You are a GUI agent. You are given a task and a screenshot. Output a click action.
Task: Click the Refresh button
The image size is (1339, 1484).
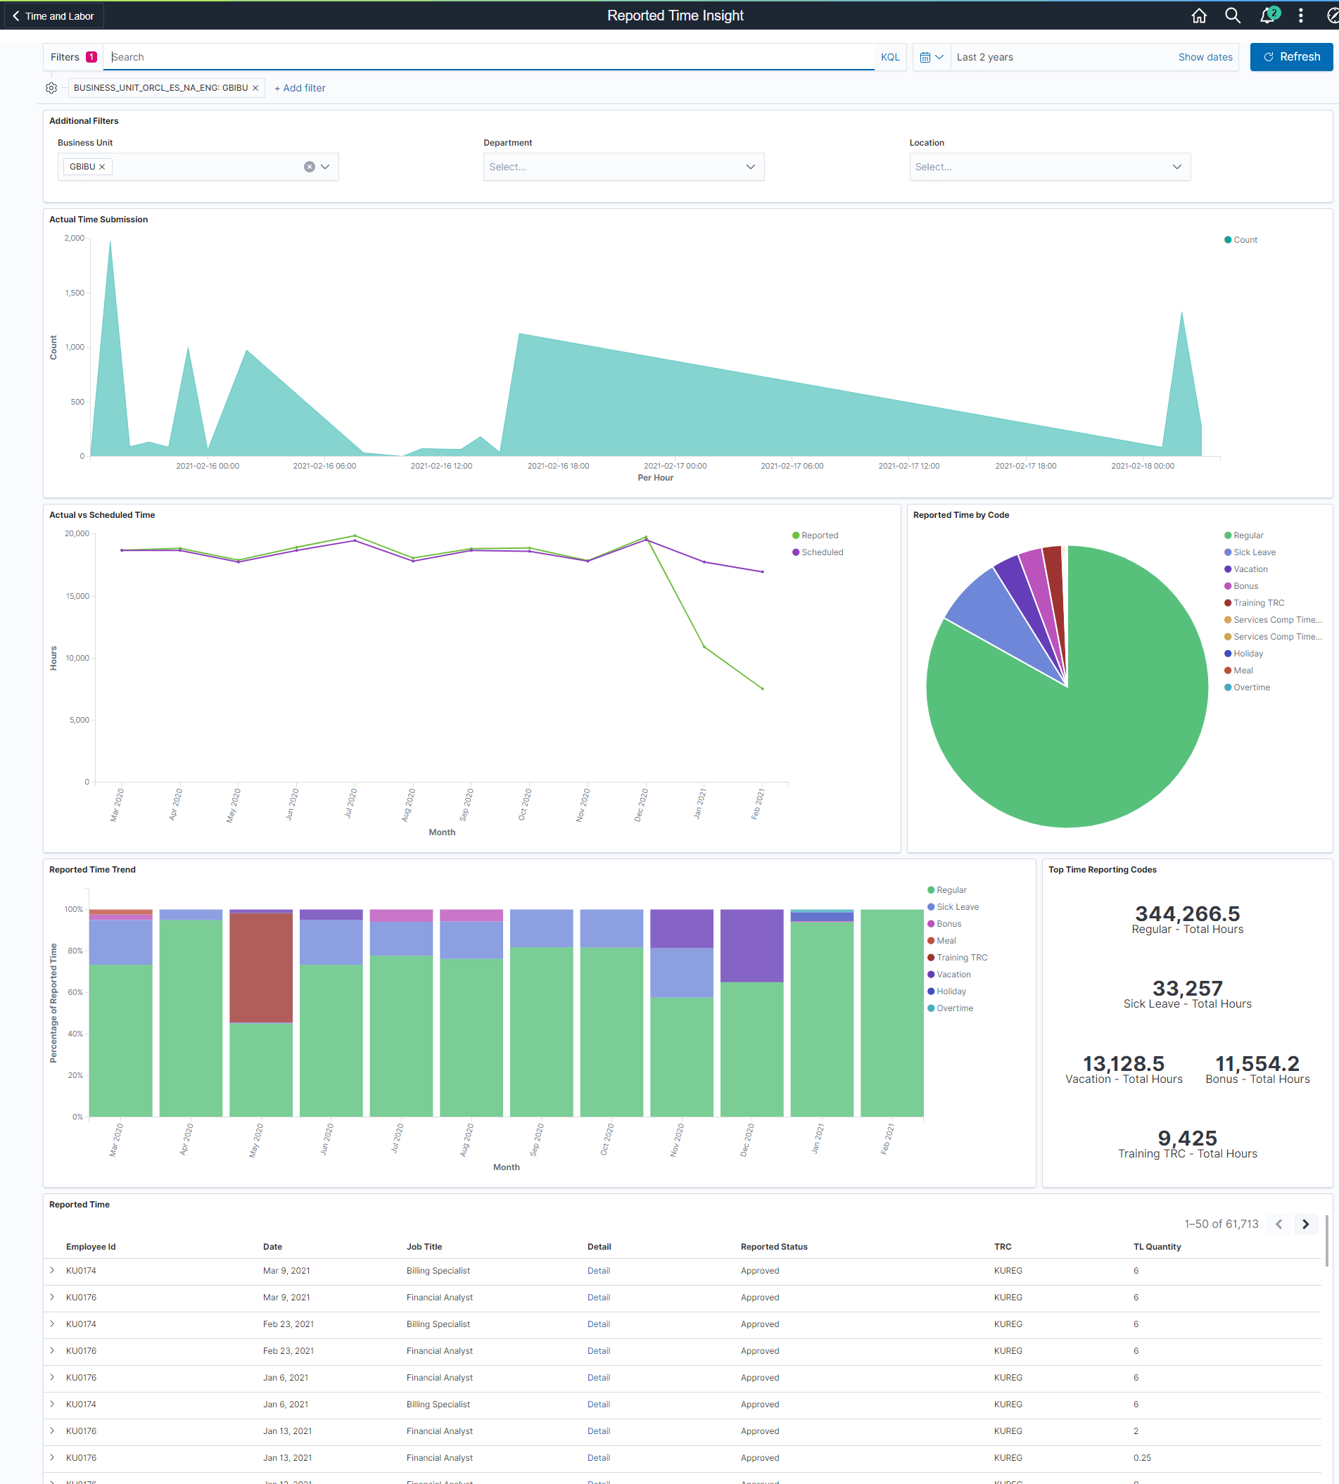tap(1290, 57)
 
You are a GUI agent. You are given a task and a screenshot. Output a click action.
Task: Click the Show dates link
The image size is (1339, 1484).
tap(1205, 57)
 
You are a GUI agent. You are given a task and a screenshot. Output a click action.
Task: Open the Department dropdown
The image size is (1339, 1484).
tap(623, 167)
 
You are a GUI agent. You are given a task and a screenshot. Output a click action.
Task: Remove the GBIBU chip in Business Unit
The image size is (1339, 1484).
tap(102, 167)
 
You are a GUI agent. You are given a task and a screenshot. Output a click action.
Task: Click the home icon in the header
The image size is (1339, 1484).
tap(1198, 15)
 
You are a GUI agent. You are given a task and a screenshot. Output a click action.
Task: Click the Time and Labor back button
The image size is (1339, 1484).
tap(53, 15)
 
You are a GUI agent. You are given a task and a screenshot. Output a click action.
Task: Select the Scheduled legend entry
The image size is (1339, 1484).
tap(821, 552)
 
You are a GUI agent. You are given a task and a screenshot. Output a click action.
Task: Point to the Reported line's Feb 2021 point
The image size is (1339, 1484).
tap(762, 689)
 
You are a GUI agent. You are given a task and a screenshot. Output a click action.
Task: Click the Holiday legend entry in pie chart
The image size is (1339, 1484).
tap(1247, 654)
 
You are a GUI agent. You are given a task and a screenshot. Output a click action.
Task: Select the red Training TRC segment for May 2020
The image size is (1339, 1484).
tap(261, 968)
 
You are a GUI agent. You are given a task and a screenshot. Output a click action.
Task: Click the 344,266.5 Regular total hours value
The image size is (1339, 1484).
tap(1187, 914)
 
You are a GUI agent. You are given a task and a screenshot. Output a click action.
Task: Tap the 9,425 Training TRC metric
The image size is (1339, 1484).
tap(1187, 1139)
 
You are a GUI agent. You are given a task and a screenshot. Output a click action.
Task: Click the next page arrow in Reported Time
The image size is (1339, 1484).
tap(1305, 1224)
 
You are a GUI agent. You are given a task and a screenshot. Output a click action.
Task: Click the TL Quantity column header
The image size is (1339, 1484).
tap(1157, 1246)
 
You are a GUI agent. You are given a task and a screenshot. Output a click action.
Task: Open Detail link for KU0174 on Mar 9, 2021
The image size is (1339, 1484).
tap(598, 1271)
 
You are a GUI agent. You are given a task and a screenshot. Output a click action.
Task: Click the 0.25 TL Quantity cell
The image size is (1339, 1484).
tap(1142, 1457)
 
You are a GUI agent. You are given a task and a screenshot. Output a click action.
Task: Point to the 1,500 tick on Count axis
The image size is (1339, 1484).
tap(75, 293)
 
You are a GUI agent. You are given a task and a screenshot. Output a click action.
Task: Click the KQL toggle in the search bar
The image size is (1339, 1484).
tap(889, 57)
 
